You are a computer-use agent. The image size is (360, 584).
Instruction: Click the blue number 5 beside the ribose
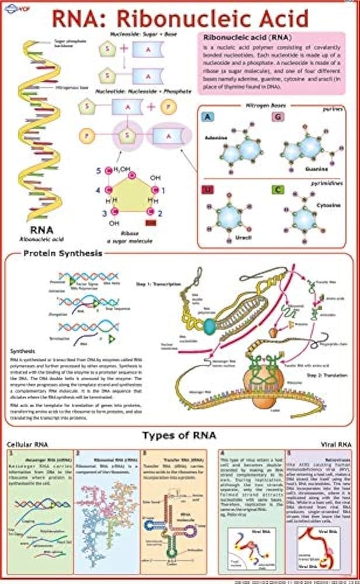pos(99,171)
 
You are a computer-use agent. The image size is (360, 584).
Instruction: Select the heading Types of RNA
pos(179,435)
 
